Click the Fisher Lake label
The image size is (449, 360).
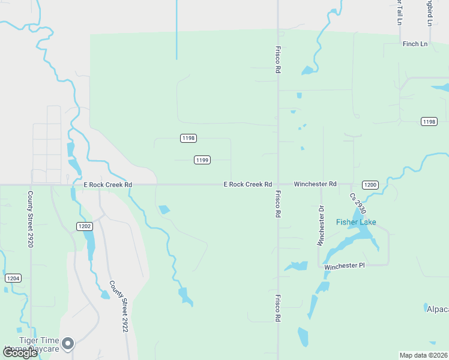tap(356, 223)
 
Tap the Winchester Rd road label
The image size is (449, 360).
tap(315, 184)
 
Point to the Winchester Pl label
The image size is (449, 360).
tap(345, 266)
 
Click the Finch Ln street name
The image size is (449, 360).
tap(415, 44)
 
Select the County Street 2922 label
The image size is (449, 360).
tap(118, 305)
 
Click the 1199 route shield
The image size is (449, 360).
tap(202, 160)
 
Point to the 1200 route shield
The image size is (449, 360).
tap(370, 185)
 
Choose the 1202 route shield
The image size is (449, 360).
tap(84, 226)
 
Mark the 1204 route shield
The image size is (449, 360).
tap(13, 278)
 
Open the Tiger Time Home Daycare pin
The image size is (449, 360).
tap(68, 343)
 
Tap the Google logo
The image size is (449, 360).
tap(19, 353)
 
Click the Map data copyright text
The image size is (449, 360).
tap(423, 355)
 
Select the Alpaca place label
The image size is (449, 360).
tap(437, 309)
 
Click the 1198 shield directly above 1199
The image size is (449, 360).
tap(188, 138)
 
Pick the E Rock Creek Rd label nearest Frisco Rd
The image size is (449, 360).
tap(248, 184)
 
